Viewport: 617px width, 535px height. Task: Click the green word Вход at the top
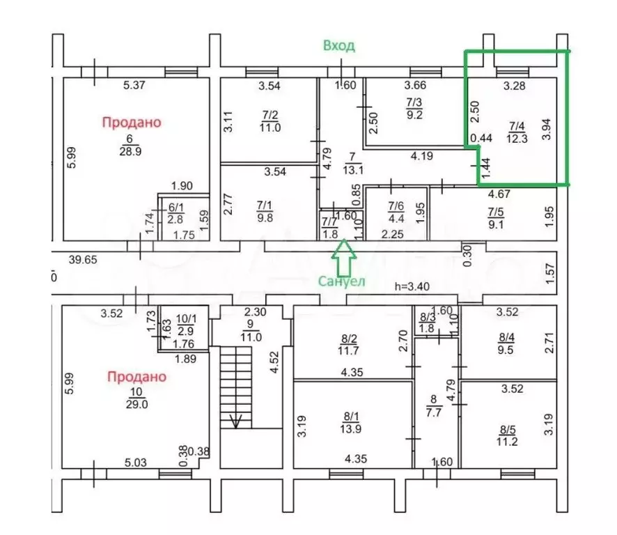pyautogui.click(x=339, y=46)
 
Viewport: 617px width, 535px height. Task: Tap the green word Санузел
pyautogui.click(x=342, y=281)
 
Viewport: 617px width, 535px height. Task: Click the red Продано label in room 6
pyautogui.click(x=131, y=122)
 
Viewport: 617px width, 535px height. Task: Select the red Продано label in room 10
pyautogui.click(x=136, y=377)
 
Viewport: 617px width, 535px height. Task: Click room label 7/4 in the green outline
pyautogui.click(x=517, y=127)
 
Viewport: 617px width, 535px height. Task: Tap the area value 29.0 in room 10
pyautogui.click(x=136, y=404)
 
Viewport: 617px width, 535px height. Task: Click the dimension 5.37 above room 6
pyautogui.click(x=136, y=86)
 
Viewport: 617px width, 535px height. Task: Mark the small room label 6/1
pyautogui.click(x=175, y=208)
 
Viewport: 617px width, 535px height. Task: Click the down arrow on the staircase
pyautogui.click(x=235, y=420)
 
